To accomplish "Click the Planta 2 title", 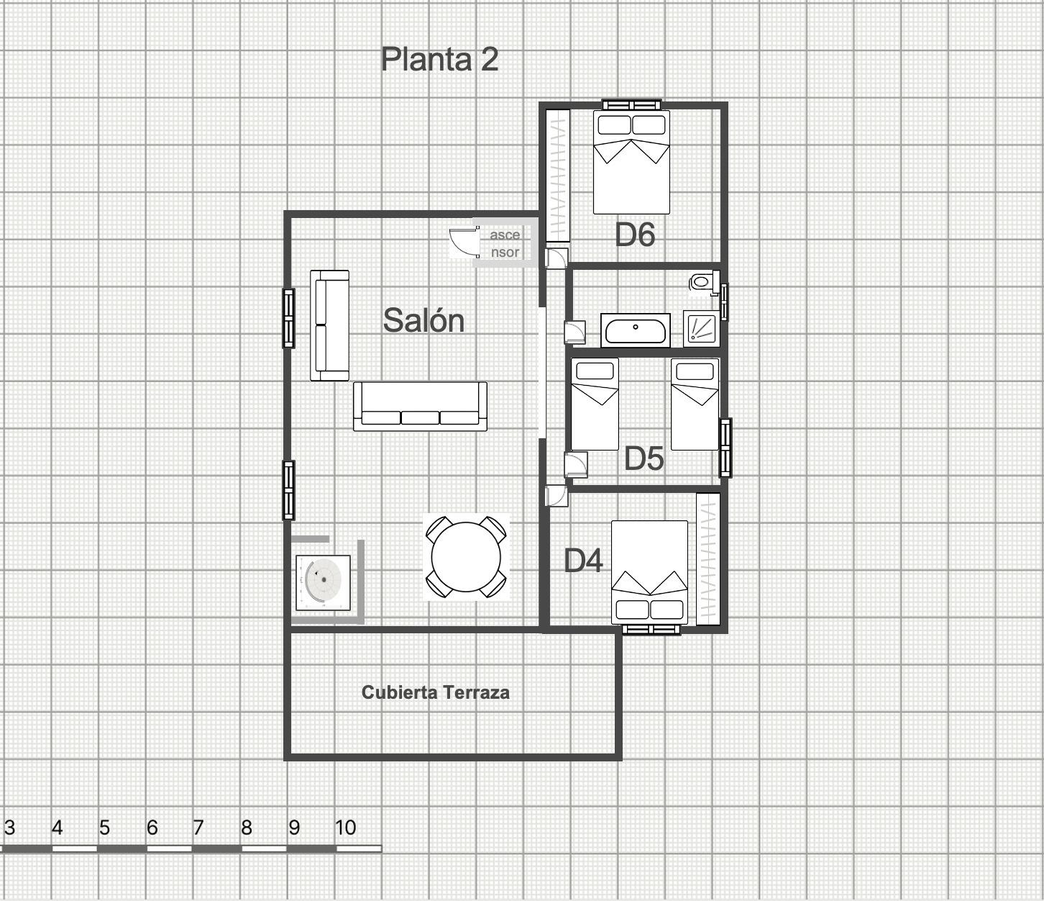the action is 439,60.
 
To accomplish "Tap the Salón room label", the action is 423,320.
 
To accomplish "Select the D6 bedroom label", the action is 634,235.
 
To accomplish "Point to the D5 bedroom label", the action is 644,458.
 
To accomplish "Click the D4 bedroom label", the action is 583,561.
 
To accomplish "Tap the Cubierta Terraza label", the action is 436,692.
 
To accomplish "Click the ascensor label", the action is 505,243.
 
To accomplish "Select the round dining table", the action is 466,557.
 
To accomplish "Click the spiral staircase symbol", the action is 323,582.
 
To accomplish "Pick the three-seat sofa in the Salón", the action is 420,406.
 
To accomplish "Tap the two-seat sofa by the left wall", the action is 329,325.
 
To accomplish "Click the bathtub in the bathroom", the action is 636,330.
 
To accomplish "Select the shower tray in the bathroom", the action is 701,329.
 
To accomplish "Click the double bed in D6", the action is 631,162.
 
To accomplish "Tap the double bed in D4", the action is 649,572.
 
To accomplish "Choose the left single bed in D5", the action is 595,404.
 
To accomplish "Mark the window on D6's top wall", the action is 632,104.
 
